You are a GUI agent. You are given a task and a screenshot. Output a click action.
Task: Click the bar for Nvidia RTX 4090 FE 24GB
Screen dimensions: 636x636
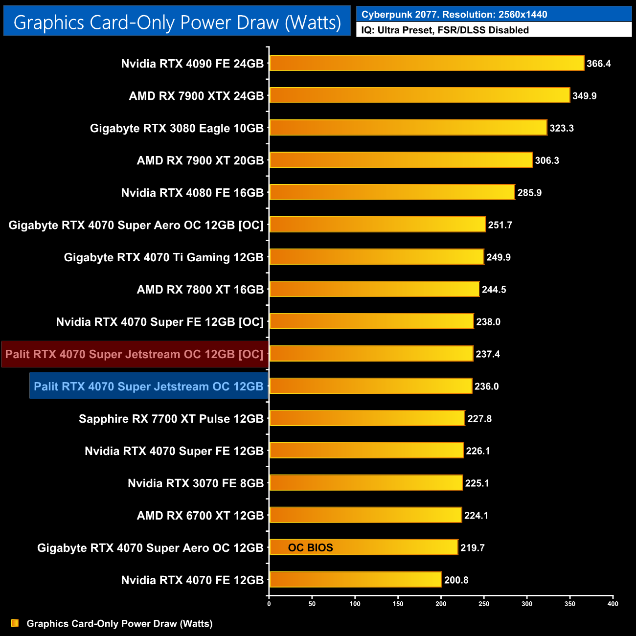coord(427,63)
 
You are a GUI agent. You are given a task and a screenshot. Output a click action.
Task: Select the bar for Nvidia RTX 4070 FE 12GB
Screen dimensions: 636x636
coord(355,580)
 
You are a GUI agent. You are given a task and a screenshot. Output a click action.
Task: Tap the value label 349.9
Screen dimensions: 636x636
coord(585,96)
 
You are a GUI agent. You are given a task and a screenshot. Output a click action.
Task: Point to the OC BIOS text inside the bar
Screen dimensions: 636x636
coord(310,548)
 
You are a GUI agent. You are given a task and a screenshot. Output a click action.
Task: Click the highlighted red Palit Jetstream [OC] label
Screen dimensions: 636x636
coord(135,354)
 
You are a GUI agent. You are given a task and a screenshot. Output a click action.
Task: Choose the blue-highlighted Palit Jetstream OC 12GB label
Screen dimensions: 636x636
coord(149,386)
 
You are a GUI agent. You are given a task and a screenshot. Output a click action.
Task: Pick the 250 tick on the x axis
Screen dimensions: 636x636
coord(484,604)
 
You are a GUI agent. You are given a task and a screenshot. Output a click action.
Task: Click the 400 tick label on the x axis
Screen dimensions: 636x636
coord(613,604)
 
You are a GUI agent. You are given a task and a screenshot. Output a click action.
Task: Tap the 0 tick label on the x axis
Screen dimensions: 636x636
coord(269,604)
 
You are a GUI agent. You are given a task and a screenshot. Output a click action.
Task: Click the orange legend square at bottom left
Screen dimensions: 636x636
coord(15,623)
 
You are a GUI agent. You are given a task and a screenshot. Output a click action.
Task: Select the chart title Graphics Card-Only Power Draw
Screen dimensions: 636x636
coord(177,23)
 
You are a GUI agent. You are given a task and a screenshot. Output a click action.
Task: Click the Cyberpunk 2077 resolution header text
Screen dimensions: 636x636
coord(454,14)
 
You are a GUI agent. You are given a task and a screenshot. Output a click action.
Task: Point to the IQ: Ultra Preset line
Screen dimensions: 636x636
coord(445,30)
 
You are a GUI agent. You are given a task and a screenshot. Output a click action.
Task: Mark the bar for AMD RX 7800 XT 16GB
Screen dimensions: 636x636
coord(374,289)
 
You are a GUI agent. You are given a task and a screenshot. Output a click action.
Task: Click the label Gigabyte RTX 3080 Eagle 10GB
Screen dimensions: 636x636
coord(177,128)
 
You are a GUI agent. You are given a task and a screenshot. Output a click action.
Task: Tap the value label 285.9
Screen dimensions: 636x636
coord(529,193)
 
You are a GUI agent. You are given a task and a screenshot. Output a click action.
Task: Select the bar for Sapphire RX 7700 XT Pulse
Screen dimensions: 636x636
coord(367,418)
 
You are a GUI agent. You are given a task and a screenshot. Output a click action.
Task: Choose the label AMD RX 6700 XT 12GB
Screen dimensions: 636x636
coord(200,516)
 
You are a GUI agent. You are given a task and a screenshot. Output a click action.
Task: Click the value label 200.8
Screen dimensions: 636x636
coord(456,580)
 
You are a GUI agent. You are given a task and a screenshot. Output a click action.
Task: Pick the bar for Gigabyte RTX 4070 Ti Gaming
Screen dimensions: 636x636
coord(377,257)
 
